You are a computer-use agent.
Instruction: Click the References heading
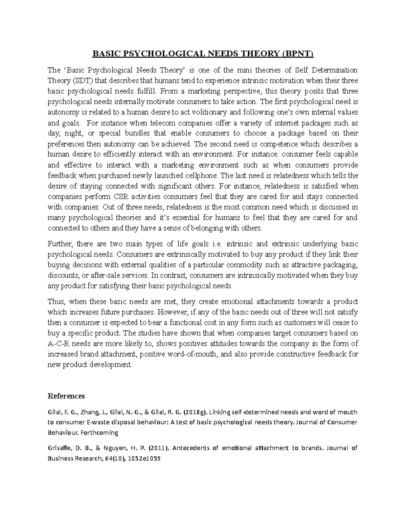click(x=66, y=396)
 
